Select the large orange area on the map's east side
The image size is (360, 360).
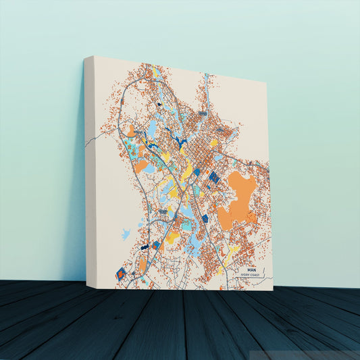(x=237, y=196)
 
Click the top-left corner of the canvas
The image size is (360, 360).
(x=86, y=57)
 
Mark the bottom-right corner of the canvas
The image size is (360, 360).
(x=273, y=290)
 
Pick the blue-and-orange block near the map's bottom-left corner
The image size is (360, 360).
(x=122, y=273)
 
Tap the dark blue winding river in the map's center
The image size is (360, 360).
(x=179, y=141)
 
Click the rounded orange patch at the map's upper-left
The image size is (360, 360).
(x=130, y=130)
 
